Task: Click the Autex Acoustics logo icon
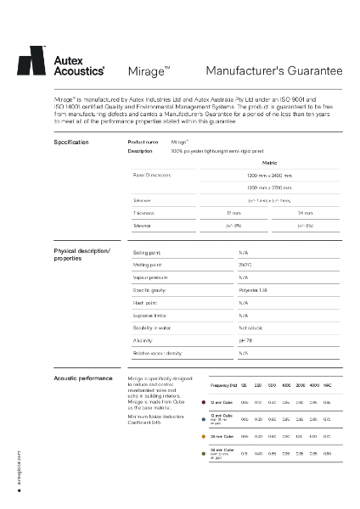[x=31, y=61]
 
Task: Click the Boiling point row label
[x=150, y=253]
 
